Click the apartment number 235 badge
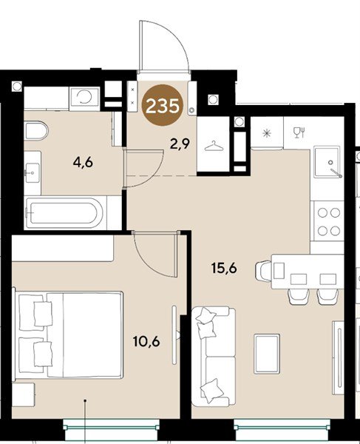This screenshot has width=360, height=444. click(163, 105)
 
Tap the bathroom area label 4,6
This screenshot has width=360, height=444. click(83, 163)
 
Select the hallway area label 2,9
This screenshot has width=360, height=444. click(180, 145)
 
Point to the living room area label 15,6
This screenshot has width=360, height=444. click(224, 267)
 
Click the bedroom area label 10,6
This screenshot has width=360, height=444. click(146, 342)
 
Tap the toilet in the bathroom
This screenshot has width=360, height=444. click(36, 130)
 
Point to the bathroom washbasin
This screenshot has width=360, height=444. click(33, 172)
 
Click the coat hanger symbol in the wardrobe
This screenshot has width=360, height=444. click(214, 147)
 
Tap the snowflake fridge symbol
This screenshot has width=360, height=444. click(266, 132)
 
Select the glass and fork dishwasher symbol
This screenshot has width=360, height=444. click(299, 132)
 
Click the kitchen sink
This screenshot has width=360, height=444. click(327, 162)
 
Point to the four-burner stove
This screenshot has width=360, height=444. click(327, 221)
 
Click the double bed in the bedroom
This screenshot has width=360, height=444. click(69, 335)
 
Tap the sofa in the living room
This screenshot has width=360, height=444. click(214, 357)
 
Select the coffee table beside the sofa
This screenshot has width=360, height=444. click(267, 354)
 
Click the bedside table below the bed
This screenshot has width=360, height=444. click(23, 394)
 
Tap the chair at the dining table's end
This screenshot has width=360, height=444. click(264, 271)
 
